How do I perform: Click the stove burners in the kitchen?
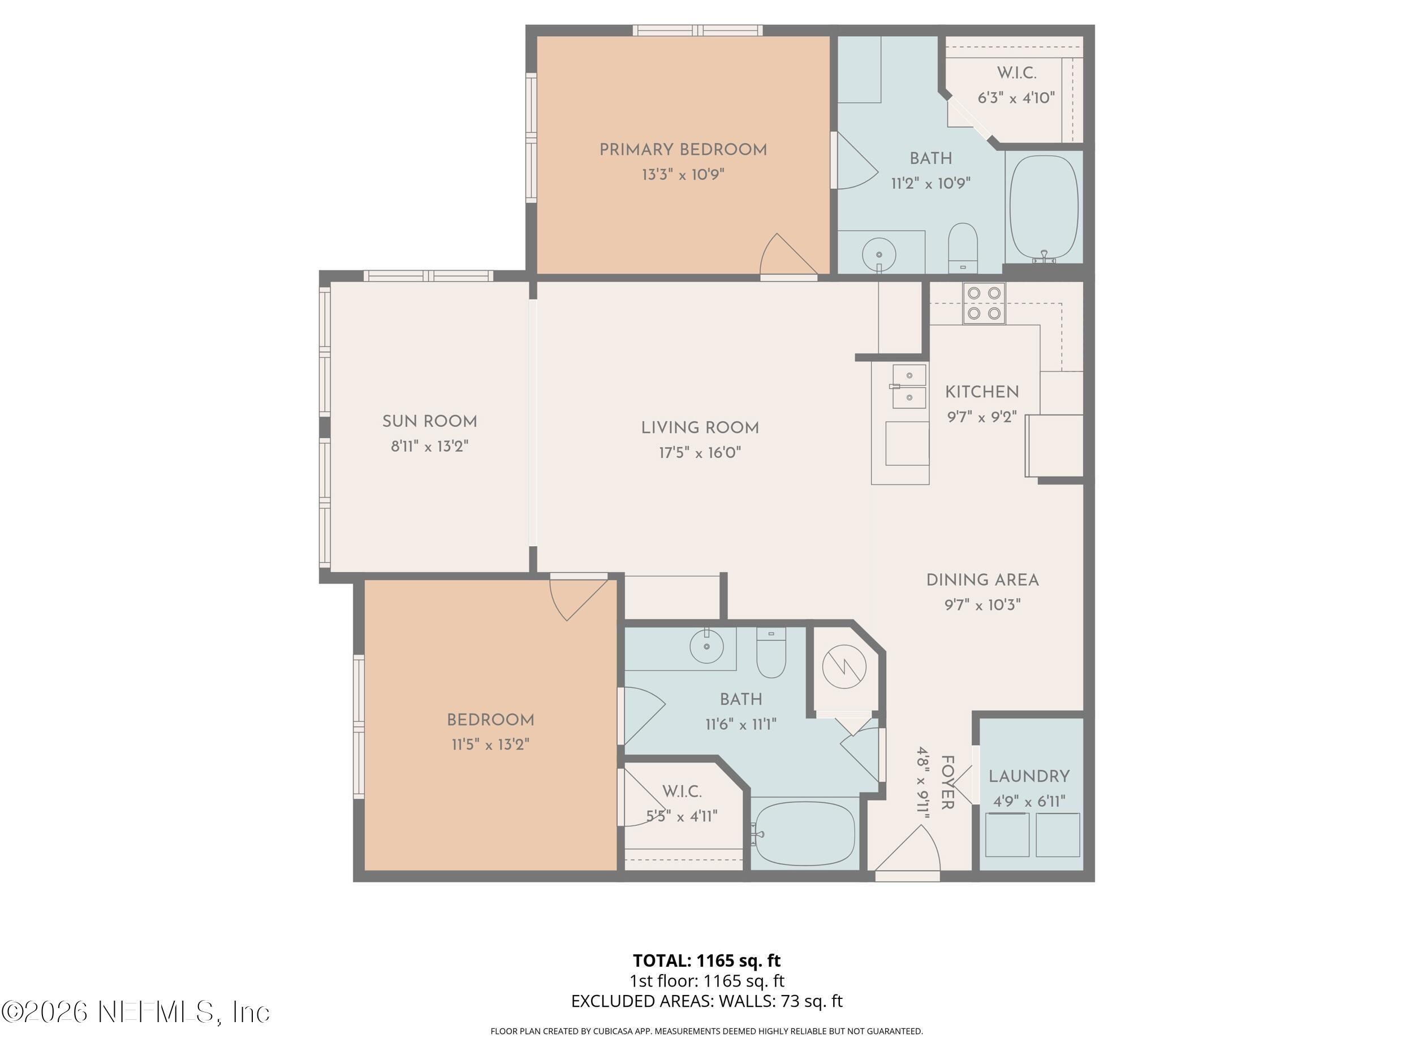click(984, 303)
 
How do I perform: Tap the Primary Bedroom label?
click(683, 149)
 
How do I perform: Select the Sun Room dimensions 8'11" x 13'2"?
click(429, 446)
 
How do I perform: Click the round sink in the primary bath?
click(878, 254)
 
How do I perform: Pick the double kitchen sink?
click(909, 387)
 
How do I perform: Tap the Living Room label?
click(700, 427)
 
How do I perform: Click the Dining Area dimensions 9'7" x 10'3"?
click(982, 604)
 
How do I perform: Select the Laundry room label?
click(1028, 776)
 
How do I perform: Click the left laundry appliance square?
click(1007, 834)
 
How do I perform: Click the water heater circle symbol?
click(844, 667)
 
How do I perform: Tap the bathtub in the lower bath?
click(804, 833)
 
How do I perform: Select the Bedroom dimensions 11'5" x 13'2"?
click(490, 745)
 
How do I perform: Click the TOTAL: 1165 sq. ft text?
click(706, 961)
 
